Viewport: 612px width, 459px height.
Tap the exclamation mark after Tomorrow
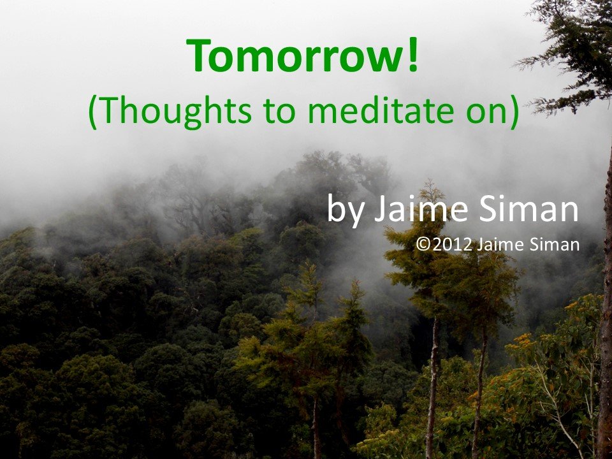click(413, 55)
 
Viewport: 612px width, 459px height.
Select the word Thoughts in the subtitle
click(177, 110)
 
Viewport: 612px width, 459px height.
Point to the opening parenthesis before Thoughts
click(93, 111)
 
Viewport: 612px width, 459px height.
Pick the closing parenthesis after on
click(514, 111)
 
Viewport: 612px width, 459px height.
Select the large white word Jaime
click(421, 208)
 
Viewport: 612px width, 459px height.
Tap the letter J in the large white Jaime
click(380, 210)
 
